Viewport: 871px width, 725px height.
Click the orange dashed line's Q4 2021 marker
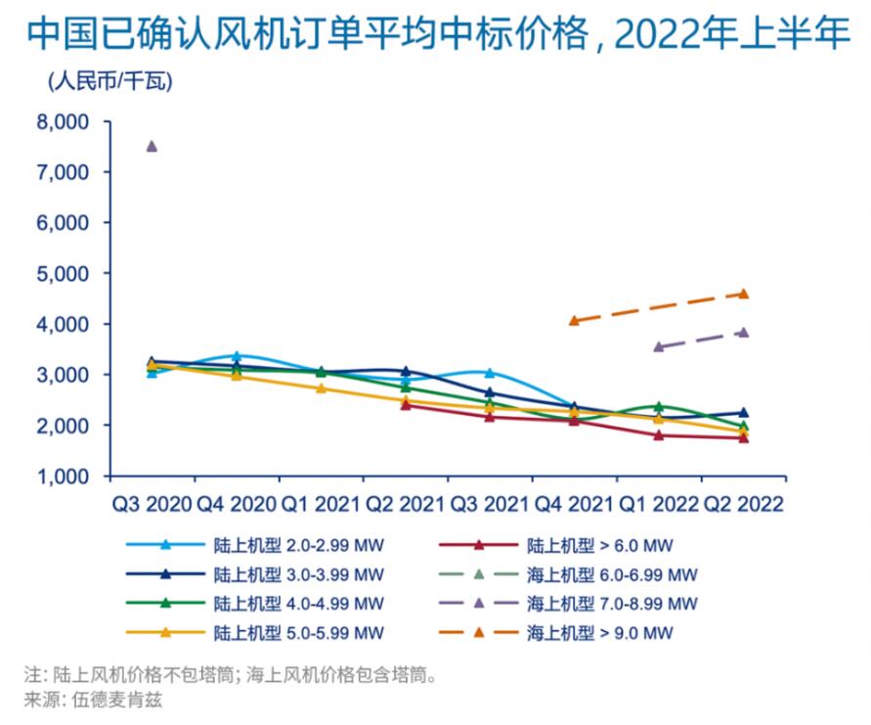point(574,320)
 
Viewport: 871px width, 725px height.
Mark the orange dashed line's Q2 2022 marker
point(743,294)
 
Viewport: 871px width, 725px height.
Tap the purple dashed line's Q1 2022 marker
point(659,346)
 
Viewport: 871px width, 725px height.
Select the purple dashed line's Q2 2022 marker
point(743,333)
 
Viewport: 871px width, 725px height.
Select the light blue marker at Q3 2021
point(490,373)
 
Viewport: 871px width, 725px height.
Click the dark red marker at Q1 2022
point(659,434)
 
